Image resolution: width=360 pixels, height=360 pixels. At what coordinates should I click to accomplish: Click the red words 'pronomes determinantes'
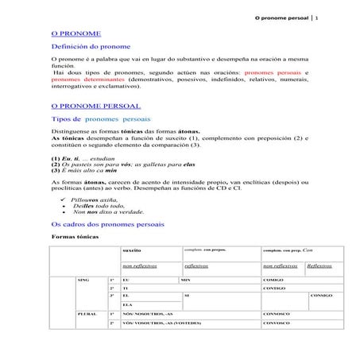click(83, 79)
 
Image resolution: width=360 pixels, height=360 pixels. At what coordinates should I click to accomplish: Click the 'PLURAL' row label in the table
click(87, 315)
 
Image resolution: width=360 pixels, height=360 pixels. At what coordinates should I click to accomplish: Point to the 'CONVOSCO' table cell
click(277, 324)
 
